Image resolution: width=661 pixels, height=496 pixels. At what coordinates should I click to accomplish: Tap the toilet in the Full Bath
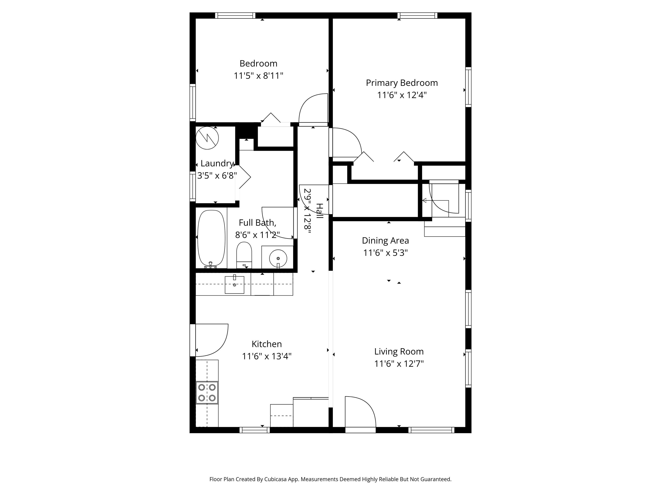pyautogui.click(x=244, y=256)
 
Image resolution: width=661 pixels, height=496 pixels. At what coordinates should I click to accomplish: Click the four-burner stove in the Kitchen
pyautogui.click(x=207, y=392)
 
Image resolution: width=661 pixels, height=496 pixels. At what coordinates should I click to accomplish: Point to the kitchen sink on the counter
pyautogui.click(x=234, y=285)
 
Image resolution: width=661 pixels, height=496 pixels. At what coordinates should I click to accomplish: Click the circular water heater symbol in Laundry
pyautogui.click(x=207, y=138)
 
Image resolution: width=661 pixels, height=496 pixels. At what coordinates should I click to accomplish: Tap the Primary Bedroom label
pyautogui.click(x=402, y=83)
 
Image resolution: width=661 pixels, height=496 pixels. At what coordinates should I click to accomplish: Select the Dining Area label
pyautogui.click(x=385, y=240)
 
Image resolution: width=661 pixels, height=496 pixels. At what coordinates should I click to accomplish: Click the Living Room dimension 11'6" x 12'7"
pyautogui.click(x=399, y=364)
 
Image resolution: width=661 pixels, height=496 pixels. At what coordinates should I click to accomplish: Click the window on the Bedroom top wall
pyautogui.click(x=235, y=15)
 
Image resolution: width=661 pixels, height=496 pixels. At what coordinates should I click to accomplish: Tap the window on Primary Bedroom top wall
pyautogui.click(x=417, y=15)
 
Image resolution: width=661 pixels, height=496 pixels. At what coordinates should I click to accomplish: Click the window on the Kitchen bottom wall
pyautogui.click(x=254, y=430)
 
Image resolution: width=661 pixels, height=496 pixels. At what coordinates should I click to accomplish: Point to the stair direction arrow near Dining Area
pyautogui.click(x=425, y=200)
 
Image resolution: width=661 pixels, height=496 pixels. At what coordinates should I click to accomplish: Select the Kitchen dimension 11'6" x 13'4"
pyautogui.click(x=267, y=356)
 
